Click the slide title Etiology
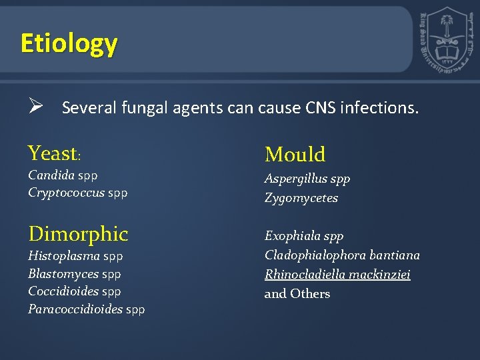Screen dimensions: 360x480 (x=69, y=43)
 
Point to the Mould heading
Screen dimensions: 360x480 (x=295, y=155)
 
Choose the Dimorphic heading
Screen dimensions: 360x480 (x=78, y=234)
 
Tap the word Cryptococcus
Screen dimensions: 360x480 (x=66, y=193)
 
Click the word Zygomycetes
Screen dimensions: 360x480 (x=301, y=198)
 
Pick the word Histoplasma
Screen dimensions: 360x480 (x=64, y=256)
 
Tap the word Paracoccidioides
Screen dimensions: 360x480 (x=75, y=309)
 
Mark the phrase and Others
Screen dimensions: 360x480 (x=297, y=294)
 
